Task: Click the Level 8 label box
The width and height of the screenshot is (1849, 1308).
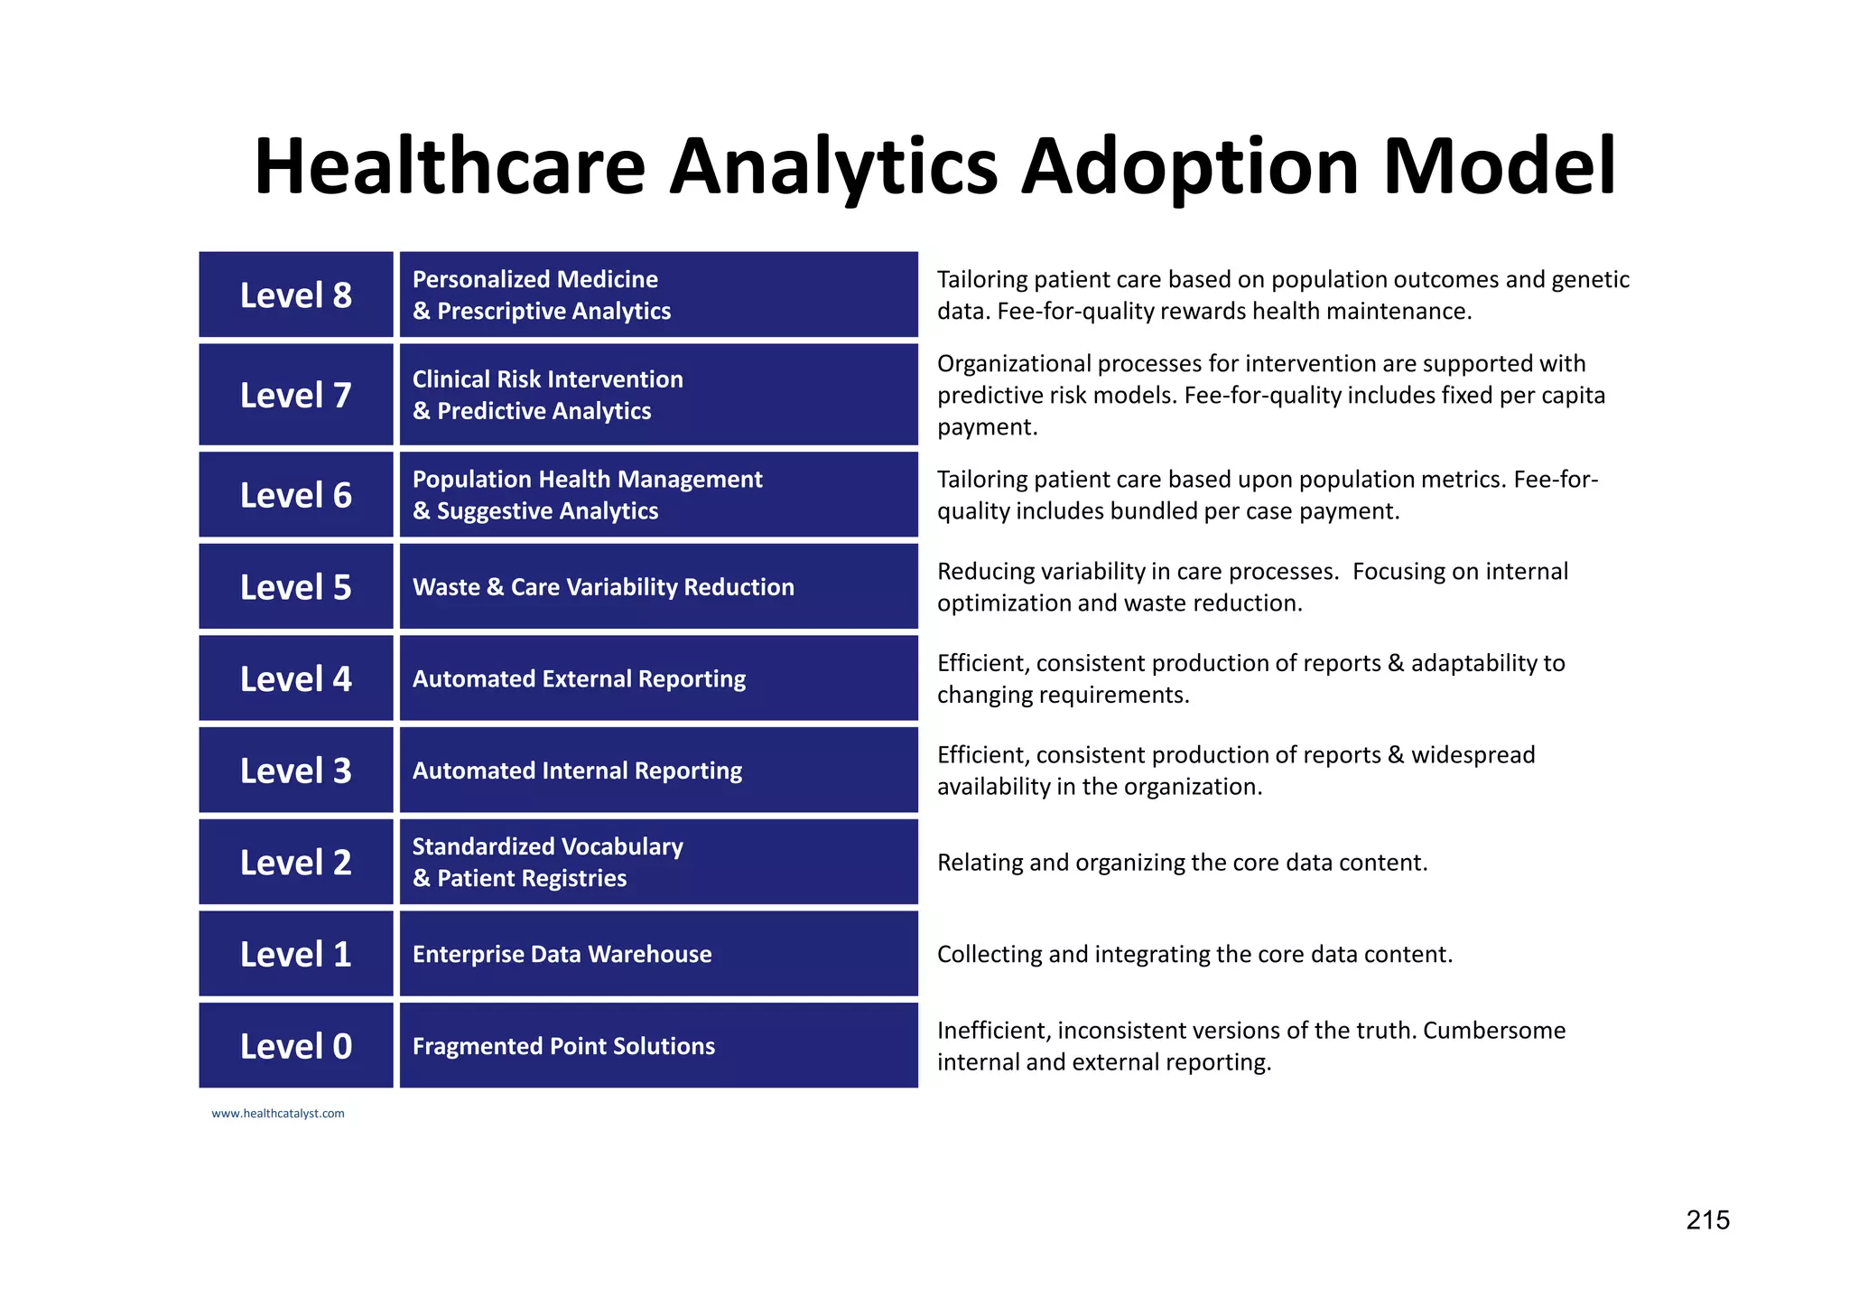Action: pos(296,295)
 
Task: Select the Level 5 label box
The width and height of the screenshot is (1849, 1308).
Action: pos(296,587)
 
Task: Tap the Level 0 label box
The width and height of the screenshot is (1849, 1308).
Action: pos(296,1046)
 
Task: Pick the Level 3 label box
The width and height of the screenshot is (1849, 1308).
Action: pos(296,771)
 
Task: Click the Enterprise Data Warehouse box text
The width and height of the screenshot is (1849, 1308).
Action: pos(562,955)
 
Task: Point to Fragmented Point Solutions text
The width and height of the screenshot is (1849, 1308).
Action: pos(563,1046)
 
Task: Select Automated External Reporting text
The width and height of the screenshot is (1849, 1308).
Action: pos(579,679)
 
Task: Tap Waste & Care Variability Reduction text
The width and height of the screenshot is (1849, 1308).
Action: pos(603,587)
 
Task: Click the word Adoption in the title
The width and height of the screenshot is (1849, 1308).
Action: pos(1189,167)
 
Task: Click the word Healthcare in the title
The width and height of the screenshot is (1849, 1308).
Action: pos(450,167)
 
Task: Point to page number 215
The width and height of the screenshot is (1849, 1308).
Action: pos(1707,1220)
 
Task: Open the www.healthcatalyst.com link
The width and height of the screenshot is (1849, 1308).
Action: pos(278,1114)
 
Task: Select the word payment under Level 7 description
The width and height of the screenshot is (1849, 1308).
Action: pos(988,427)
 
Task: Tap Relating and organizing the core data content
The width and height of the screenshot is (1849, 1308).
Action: pos(1182,863)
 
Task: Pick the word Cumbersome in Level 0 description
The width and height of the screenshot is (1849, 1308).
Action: pos(1493,1031)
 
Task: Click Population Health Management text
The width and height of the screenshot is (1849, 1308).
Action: pos(587,480)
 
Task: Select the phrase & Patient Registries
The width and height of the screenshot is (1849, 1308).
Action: pos(519,879)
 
